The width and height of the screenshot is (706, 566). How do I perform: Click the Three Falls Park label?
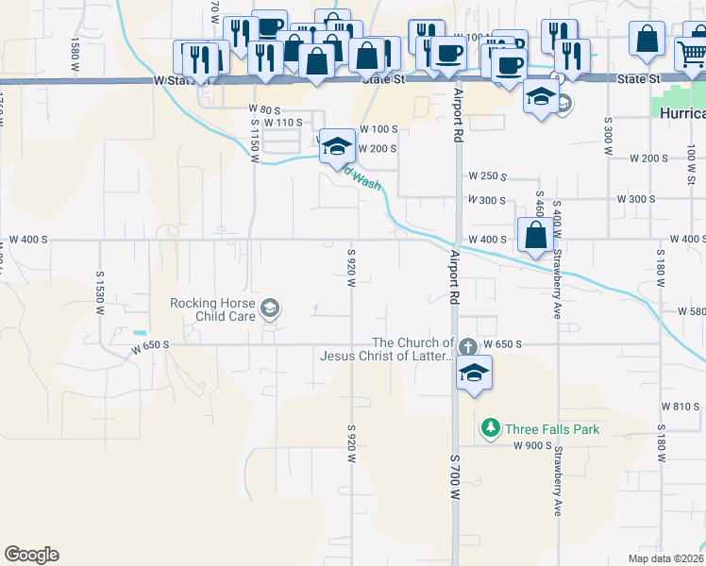[552, 429]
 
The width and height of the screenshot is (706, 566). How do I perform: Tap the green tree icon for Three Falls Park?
[490, 429]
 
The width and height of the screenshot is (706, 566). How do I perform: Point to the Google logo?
[31, 555]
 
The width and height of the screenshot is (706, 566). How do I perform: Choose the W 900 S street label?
[532, 445]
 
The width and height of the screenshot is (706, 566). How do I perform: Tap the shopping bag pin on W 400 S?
[535, 236]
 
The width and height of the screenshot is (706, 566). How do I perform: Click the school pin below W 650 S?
[474, 373]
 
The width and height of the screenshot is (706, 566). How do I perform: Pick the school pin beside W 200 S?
[336, 148]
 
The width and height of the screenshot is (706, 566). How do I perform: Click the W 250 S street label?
[488, 176]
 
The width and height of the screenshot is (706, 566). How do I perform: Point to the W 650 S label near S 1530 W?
[150, 345]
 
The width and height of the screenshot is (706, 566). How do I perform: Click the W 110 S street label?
[283, 123]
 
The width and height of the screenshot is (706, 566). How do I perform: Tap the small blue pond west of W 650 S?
[141, 332]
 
